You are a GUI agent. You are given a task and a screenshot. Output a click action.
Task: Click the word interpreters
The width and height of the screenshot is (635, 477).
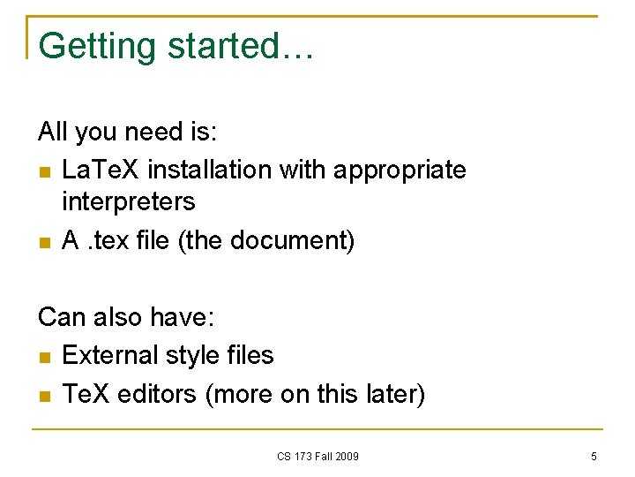click(x=129, y=202)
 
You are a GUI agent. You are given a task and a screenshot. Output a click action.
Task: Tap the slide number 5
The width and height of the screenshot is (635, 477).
click(x=594, y=457)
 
